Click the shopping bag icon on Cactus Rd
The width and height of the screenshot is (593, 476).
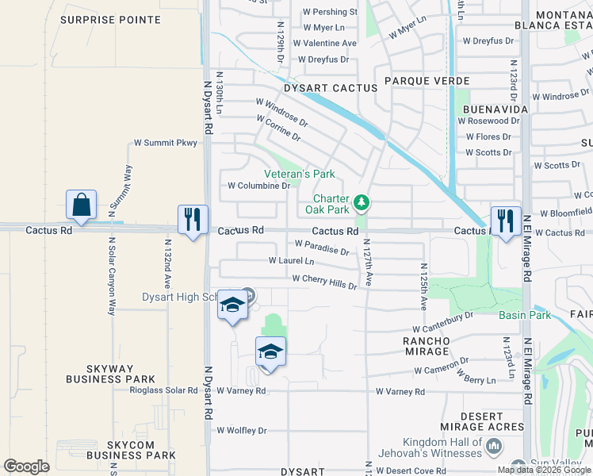(x=82, y=205)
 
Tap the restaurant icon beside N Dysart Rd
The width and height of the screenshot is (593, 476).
(x=193, y=220)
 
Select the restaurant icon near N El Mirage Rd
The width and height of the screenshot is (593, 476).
(x=506, y=221)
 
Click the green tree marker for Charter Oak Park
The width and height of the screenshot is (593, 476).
(x=362, y=203)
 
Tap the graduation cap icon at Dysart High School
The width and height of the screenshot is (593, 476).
(x=232, y=307)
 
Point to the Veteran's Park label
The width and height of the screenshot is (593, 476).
(x=299, y=174)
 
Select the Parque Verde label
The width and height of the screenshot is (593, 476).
(x=427, y=82)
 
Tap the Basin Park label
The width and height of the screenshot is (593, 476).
(x=524, y=315)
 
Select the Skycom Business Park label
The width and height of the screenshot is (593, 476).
(x=131, y=450)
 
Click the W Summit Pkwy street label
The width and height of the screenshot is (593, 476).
(x=164, y=144)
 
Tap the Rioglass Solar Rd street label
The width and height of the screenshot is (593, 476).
(x=165, y=390)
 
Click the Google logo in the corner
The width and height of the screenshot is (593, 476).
(x=26, y=466)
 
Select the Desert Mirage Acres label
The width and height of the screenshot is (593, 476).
(x=482, y=421)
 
